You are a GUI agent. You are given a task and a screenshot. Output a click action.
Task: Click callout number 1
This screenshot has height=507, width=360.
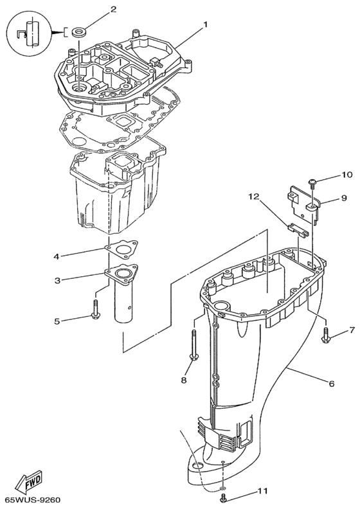click(205, 24)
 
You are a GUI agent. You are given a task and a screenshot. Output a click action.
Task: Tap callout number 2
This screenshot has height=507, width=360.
click(113, 10)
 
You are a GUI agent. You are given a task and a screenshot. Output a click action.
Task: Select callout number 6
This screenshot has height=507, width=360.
click(331, 384)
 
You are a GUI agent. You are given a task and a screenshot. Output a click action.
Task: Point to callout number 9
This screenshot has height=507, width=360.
click(343, 197)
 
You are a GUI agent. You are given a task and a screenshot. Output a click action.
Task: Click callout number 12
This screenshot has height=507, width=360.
click(254, 197)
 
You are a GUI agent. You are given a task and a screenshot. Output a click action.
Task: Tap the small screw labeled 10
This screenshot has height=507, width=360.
click(312, 183)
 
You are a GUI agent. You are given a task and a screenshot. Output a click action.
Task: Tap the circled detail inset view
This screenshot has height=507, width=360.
click(29, 33)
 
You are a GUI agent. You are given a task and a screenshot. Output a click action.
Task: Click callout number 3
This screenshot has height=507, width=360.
click(58, 280)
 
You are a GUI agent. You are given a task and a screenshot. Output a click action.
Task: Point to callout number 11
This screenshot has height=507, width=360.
click(262, 491)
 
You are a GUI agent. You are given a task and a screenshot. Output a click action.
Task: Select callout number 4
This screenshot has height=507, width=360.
click(57, 257)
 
